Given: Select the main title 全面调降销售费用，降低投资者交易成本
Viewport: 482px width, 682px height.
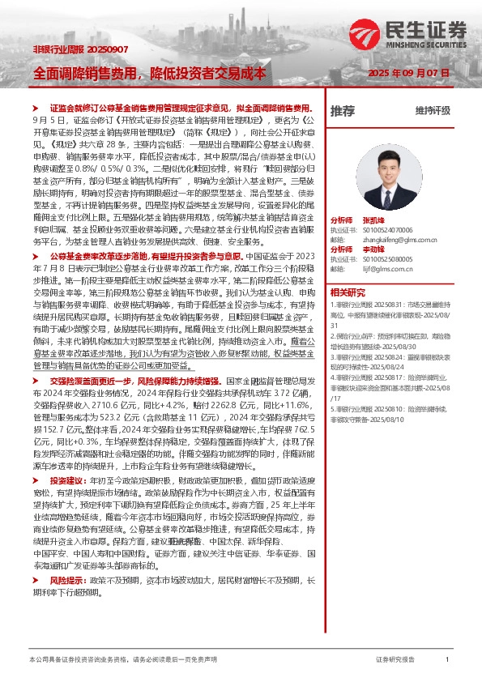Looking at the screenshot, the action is (x=150, y=72).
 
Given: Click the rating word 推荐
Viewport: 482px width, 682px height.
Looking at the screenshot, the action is (x=343, y=110).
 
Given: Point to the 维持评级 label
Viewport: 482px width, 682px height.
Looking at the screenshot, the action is (x=433, y=110).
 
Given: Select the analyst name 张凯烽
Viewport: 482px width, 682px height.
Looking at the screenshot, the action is (x=373, y=220).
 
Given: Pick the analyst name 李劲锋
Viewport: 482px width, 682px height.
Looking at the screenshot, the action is (x=373, y=249).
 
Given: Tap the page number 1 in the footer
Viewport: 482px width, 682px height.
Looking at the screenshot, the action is (x=447, y=660).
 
